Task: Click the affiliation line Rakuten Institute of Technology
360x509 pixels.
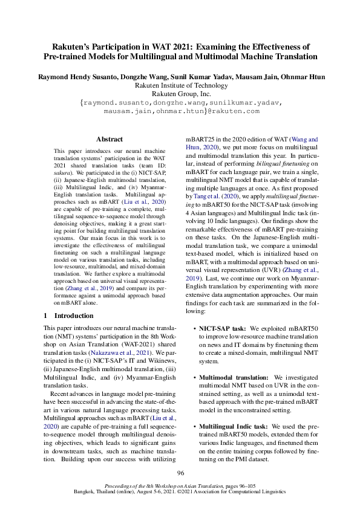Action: [x=180, y=86]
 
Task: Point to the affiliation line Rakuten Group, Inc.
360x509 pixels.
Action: [x=180, y=95]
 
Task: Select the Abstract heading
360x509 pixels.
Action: [x=110, y=139]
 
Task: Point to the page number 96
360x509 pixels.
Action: [x=180, y=473]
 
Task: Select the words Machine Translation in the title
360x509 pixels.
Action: [x=278, y=56]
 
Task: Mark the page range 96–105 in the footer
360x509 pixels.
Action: [x=244, y=485]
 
